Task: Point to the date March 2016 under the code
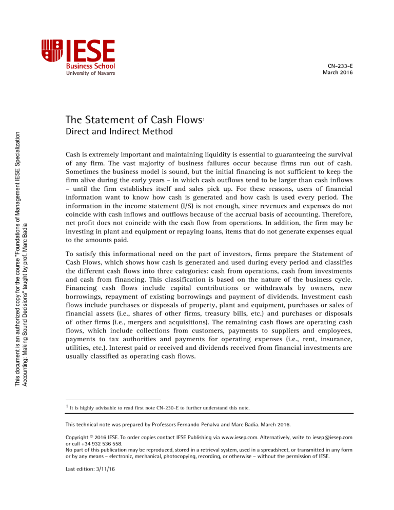tap(338, 72)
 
